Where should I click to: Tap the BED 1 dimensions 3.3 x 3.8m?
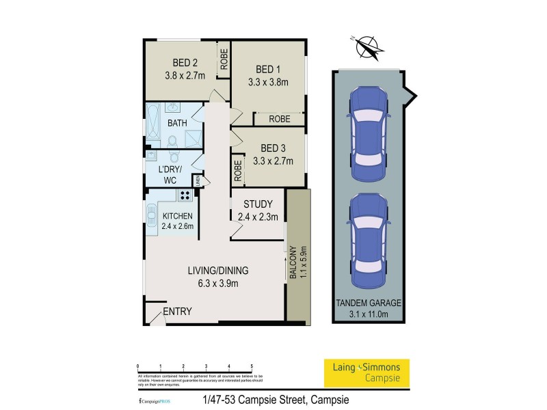click(x=268, y=83)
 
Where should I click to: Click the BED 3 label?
click(x=273, y=148)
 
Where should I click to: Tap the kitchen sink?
click(x=150, y=217)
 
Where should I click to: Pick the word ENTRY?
click(x=177, y=312)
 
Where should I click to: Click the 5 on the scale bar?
click(x=252, y=366)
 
